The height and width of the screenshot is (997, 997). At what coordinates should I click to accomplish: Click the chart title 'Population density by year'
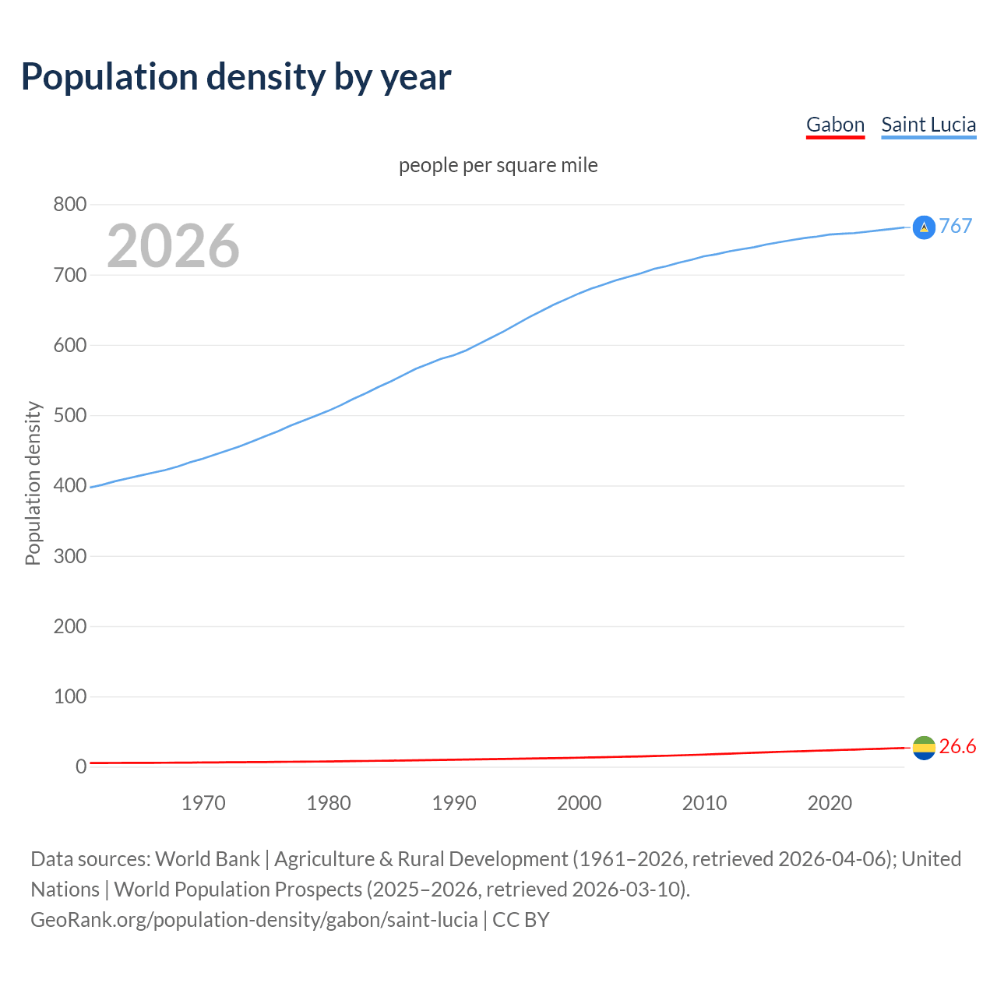[236, 77]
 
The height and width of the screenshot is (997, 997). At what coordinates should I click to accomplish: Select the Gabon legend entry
[835, 125]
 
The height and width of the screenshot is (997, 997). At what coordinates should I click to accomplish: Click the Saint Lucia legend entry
[928, 125]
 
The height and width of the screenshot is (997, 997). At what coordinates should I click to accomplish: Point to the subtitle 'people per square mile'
[498, 166]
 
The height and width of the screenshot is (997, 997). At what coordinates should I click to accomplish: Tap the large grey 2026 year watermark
[173, 246]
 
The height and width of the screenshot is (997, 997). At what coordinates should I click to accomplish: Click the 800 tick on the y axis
[69, 205]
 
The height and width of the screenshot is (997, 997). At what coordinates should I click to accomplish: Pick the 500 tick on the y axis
[69, 415]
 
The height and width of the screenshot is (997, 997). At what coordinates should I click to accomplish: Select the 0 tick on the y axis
[81, 766]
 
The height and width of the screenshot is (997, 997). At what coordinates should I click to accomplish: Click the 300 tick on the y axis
[69, 556]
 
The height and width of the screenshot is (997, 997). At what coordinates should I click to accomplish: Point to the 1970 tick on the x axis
[203, 803]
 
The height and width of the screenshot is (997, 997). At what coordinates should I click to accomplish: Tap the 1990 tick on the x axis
[454, 803]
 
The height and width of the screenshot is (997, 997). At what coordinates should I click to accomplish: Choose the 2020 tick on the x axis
[830, 803]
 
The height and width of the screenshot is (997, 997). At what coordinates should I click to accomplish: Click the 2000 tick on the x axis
[580, 803]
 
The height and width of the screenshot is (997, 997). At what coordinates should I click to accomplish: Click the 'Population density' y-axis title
[33, 483]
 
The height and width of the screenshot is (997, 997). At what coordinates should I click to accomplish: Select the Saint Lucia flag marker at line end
[924, 227]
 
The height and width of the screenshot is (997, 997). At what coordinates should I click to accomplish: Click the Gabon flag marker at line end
[924, 748]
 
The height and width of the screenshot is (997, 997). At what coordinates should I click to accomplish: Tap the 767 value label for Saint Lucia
[956, 226]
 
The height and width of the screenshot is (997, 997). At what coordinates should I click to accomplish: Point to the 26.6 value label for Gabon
[957, 747]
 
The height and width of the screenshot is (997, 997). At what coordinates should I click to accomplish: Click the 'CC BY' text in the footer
[521, 920]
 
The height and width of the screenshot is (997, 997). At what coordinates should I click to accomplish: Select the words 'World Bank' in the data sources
[207, 859]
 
